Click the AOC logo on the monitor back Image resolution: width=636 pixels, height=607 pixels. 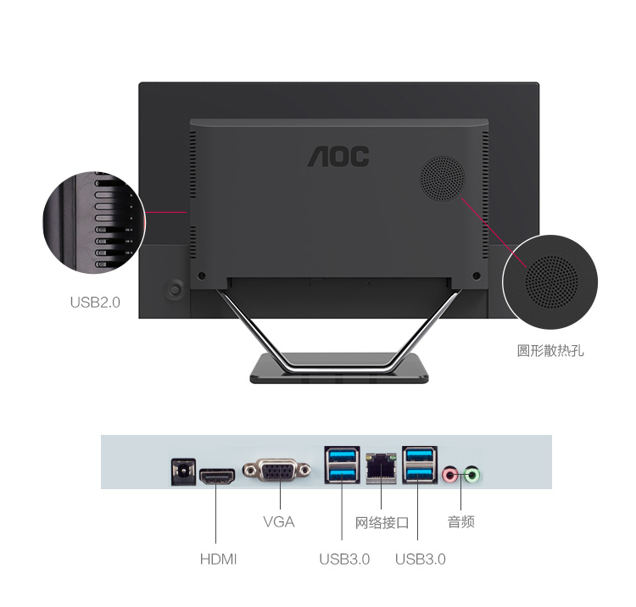tap(338, 156)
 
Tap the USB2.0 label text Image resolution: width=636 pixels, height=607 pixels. tap(95, 303)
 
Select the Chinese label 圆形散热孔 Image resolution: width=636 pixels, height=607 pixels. tap(550, 351)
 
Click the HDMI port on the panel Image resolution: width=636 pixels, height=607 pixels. tap(217, 476)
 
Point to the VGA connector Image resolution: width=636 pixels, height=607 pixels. tap(277, 471)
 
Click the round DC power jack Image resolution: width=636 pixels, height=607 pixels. tap(183, 471)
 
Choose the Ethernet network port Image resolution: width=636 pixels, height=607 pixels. tap(381, 468)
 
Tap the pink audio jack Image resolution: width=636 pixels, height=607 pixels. tap(449, 474)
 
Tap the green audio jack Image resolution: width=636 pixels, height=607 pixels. tap(471, 474)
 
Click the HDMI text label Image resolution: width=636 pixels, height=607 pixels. tap(218, 560)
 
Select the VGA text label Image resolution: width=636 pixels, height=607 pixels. tap(279, 522)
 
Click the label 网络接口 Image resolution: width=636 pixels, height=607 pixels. tap(382, 523)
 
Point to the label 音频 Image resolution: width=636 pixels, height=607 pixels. tap(460, 522)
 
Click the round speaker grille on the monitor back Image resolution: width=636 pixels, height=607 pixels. tap(442, 178)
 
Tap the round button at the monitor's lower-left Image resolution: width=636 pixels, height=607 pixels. tap(175, 289)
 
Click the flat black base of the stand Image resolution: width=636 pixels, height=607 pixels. tap(338, 369)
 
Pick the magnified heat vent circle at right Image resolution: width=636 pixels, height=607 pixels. tap(550, 281)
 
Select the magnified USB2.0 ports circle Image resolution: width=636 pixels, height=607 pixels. tap(94, 222)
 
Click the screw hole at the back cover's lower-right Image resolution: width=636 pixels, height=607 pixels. tap(477, 276)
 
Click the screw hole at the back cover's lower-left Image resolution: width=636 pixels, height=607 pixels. tap(201, 276)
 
